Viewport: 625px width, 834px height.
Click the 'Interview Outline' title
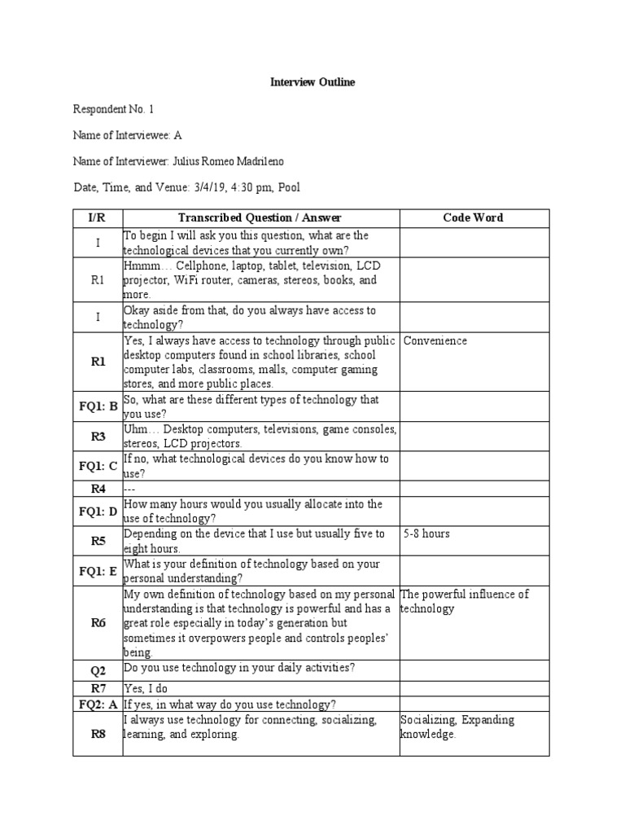click(x=312, y=83)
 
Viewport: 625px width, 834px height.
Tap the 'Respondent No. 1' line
click(x=113, y=109)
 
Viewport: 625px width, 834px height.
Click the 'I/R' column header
click(x=98, y=217)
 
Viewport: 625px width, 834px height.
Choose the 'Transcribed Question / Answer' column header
click(x=260, y=217)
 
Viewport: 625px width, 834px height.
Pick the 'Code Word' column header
click(x=473, y=217)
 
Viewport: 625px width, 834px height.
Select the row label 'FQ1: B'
click(x=98, y=406)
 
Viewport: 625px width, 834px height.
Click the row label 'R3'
click(x=98, y=437)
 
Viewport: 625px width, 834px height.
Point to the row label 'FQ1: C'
click(x=98, y=466)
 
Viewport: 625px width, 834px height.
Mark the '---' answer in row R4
click(x=130, y=489)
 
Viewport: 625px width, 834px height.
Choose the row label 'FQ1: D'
click(x=98, y=511)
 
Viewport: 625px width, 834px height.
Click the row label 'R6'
click(x=98, y=622)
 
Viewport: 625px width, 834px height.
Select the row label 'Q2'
click(x=98, y=670)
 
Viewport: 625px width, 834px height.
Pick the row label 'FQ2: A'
click(x=98, y=705)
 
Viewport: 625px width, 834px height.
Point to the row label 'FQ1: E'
click(x=98, y=571)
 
